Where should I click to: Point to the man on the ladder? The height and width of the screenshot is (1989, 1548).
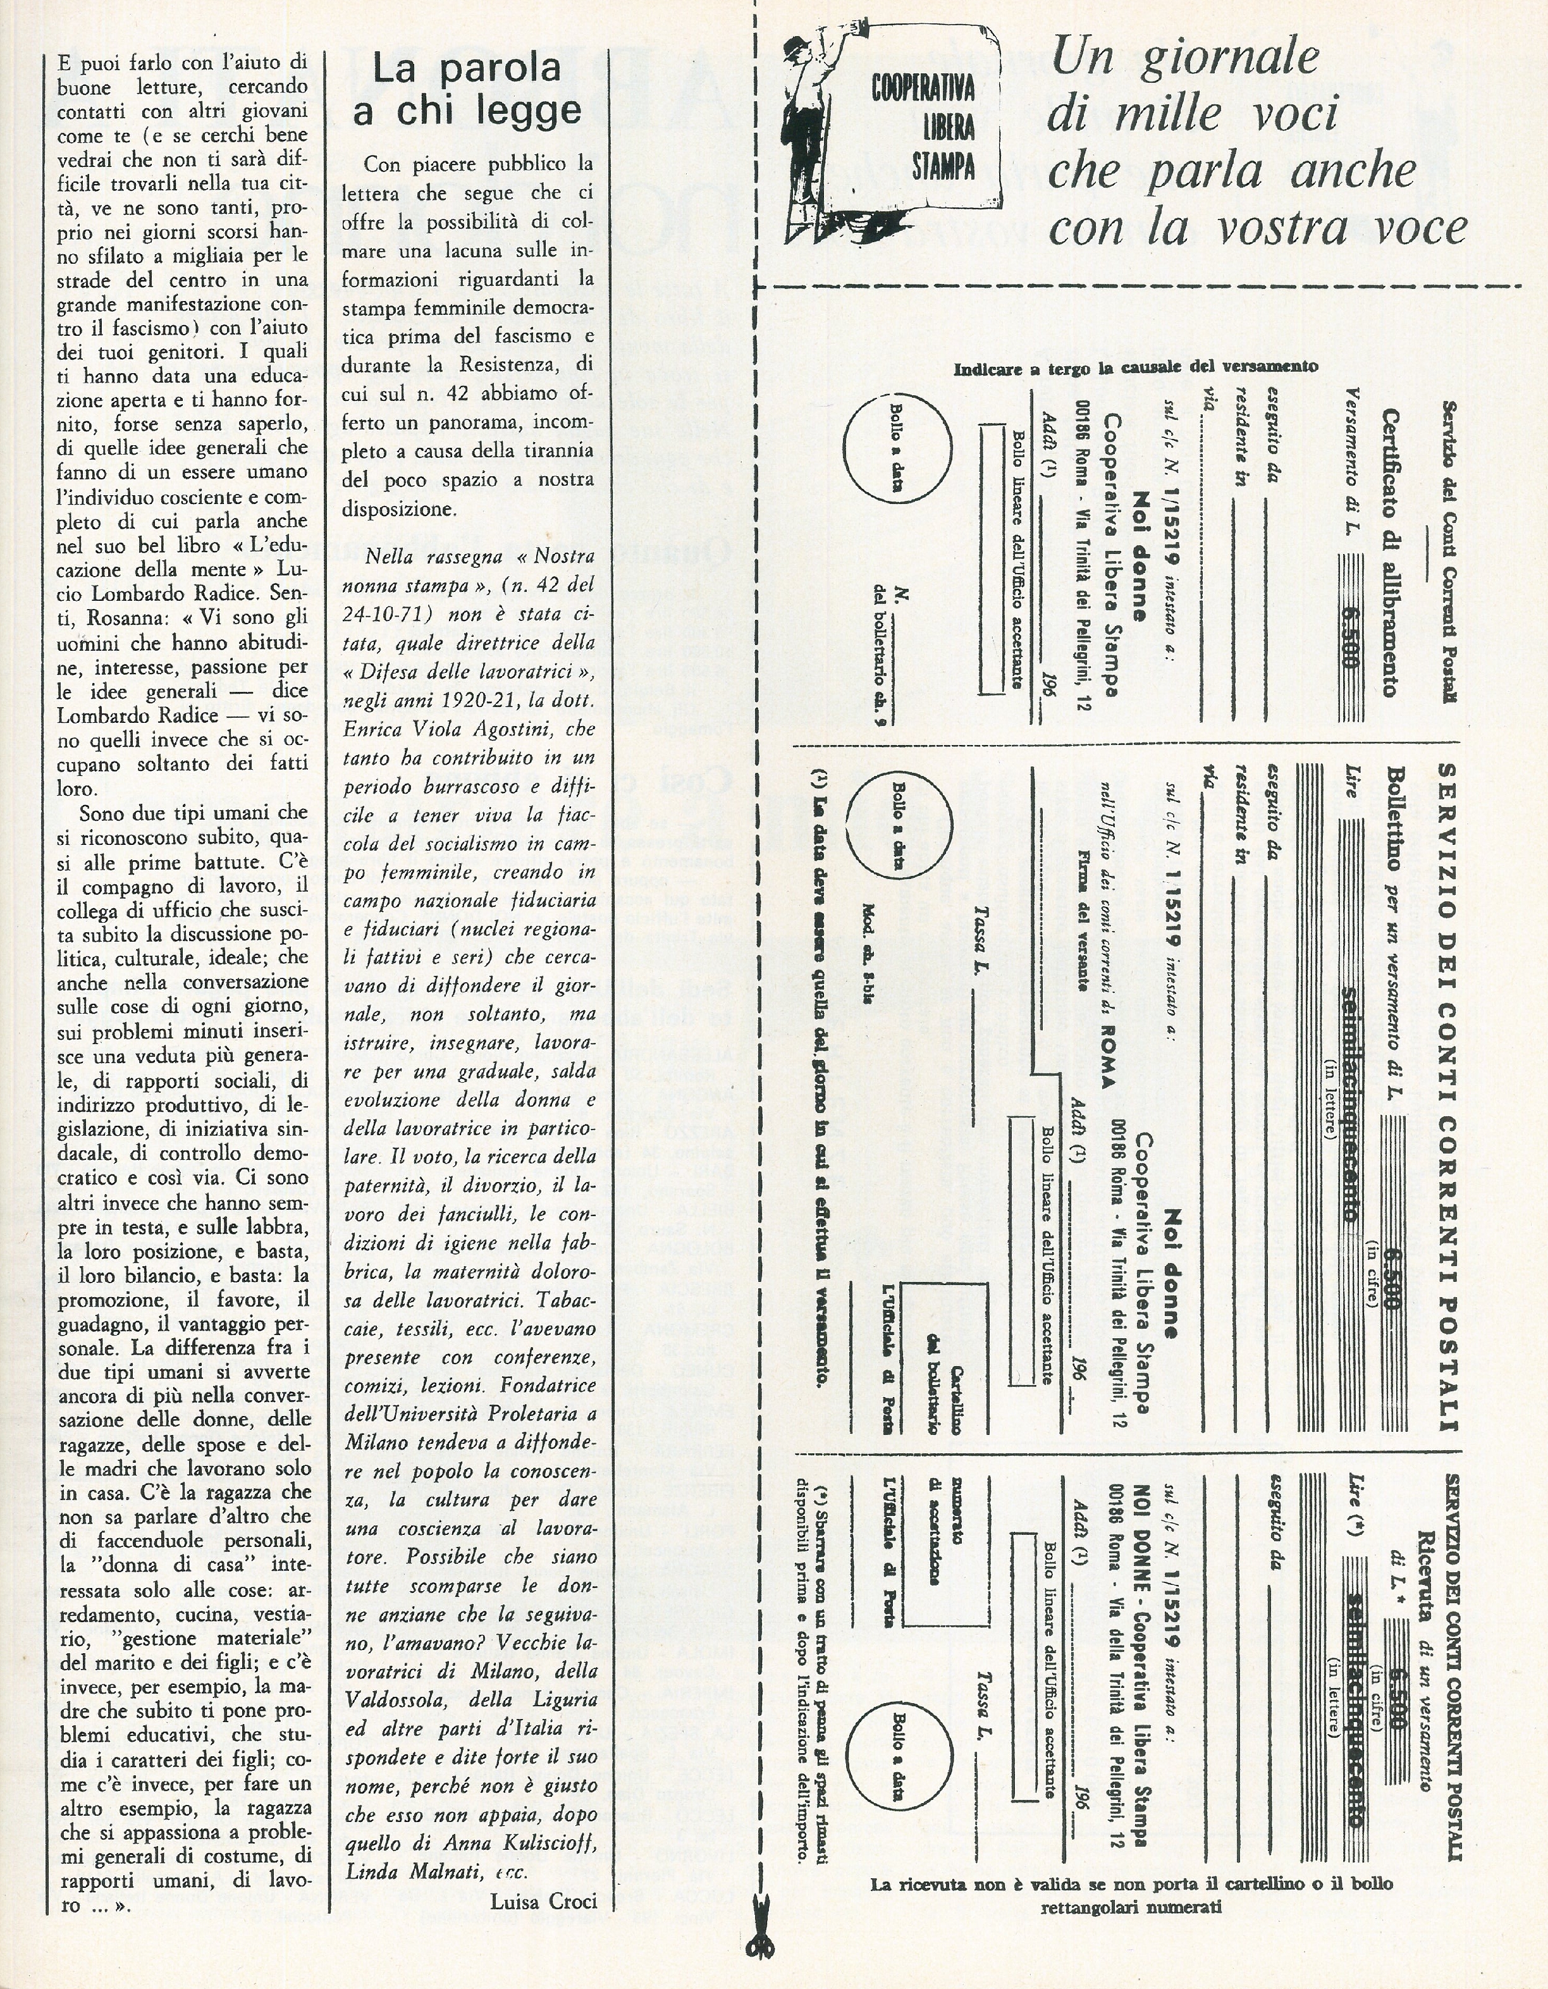tap(805, 137)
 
